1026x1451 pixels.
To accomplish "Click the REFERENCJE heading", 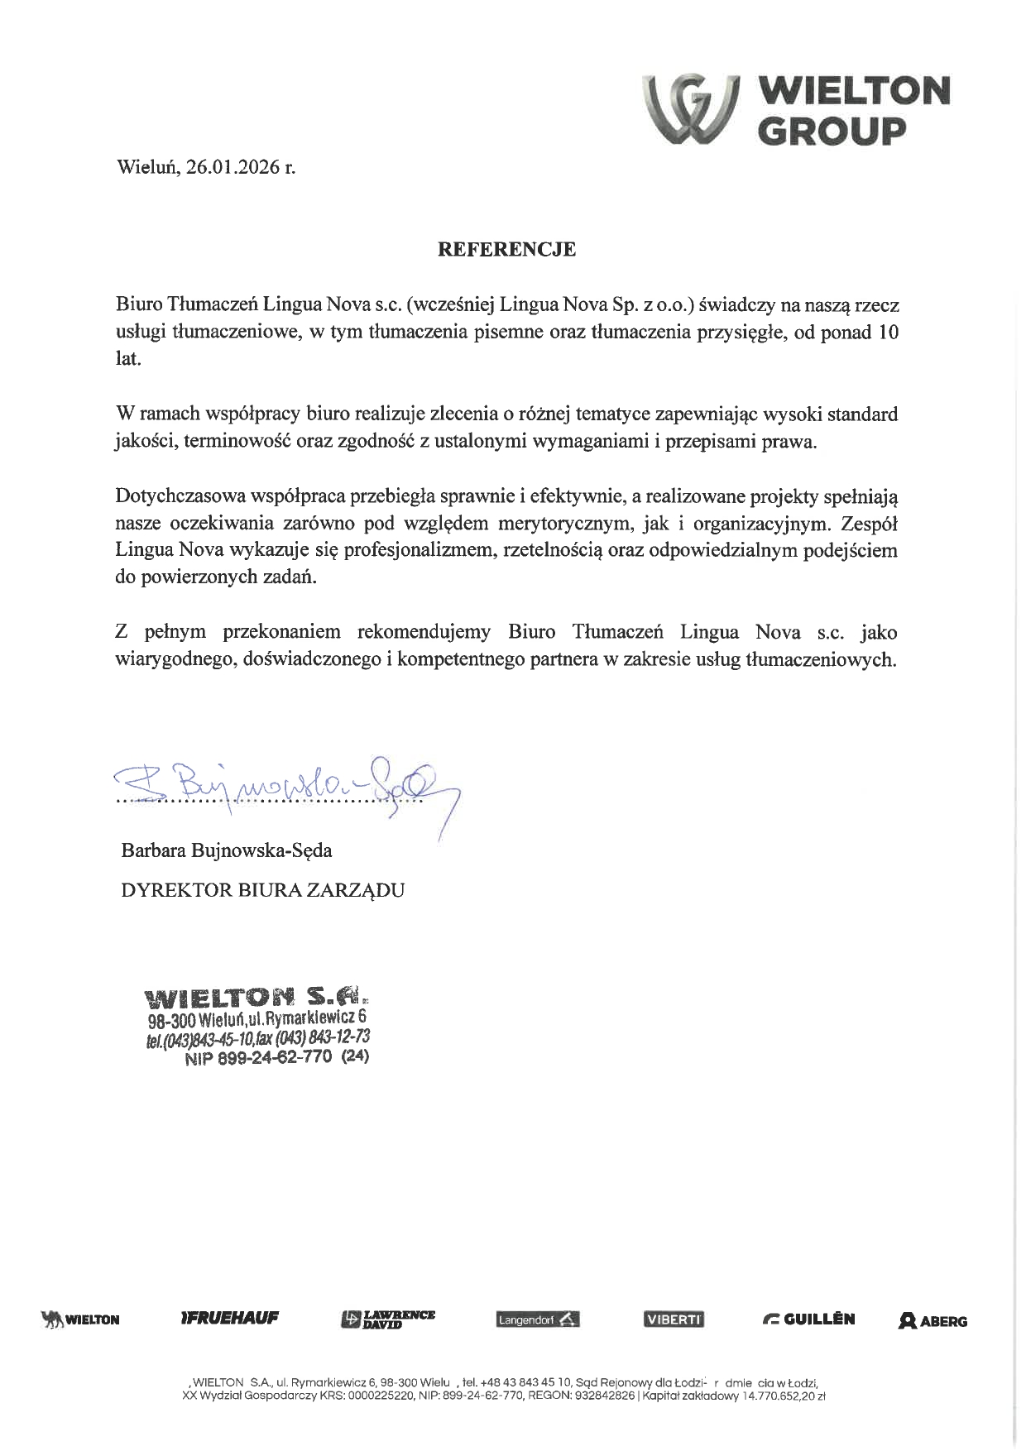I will pos(506,249).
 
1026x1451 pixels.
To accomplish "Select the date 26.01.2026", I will pos(233,167).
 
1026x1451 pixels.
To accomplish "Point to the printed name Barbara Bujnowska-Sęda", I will pos(227,850).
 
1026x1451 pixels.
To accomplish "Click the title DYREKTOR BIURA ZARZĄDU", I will pos(262,890).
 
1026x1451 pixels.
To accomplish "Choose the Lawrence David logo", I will pos(387,1319).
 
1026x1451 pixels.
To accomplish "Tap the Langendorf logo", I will pos(538,1320).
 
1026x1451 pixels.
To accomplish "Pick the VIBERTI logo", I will pos(674,1319).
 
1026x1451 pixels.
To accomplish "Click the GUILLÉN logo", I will pos(808,1319).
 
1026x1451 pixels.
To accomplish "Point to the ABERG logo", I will pos(933,1321).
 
